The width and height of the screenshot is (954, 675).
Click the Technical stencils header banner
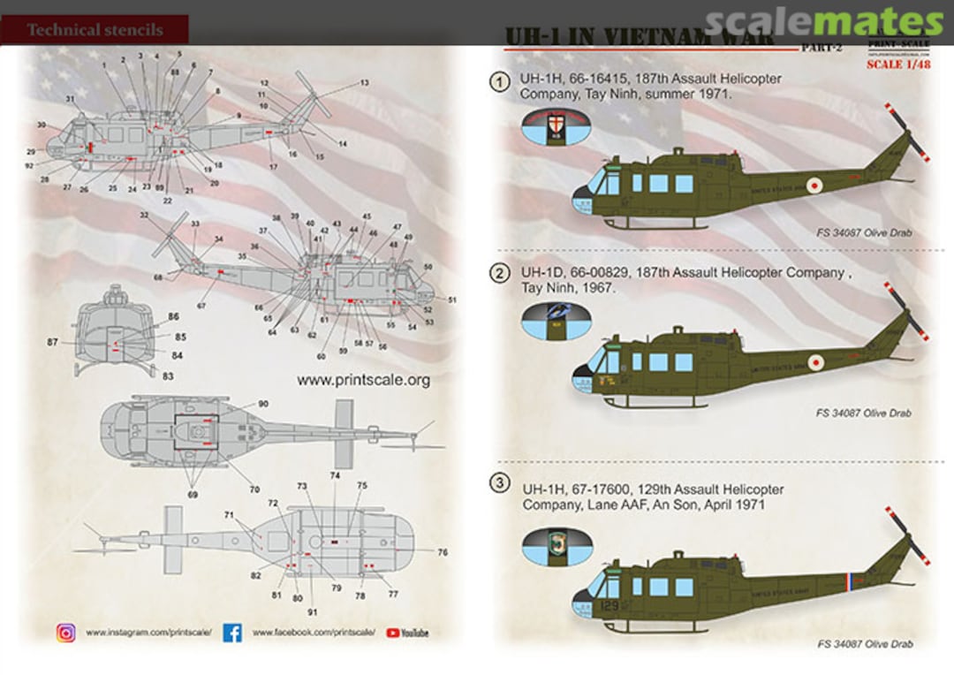[x=95, y=29]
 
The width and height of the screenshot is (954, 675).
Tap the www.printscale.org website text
[x=363, y=380]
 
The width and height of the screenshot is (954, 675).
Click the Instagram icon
[x=66, y=633]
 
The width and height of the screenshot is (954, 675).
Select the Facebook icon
[x=232, y=633]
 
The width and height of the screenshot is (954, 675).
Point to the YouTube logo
[x=407, y=633]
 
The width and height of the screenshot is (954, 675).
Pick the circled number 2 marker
[x=501, y=274]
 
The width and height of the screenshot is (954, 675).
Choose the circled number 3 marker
[x=501, y=483]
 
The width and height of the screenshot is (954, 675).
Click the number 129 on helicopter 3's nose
[x=609, y=606]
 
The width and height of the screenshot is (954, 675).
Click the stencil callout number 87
[x=53, y=341]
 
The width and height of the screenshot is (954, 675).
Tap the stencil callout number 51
[x=451, y=300]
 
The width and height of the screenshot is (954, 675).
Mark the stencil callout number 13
[x=364, y=82]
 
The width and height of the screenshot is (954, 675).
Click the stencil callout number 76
[x=442, y=552]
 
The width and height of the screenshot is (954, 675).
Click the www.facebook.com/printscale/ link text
[x=314, y=633]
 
